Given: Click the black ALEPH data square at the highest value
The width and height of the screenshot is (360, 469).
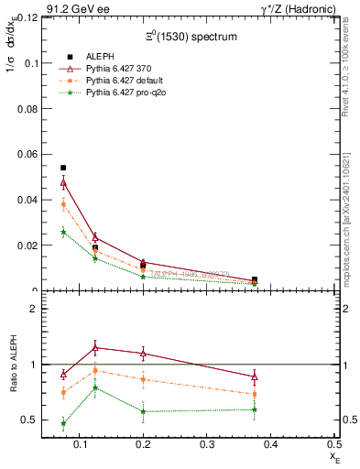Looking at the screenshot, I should (x=63, y=169).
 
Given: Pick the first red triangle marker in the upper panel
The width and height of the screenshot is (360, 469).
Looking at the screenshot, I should (x=63, y=183).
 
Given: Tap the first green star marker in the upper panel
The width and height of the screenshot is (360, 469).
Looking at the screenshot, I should (x=63, y=232).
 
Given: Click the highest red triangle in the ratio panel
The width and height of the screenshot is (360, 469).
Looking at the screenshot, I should (x=114, y=347).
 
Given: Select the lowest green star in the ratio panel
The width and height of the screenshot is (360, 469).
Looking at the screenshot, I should (x=63, y=423).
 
